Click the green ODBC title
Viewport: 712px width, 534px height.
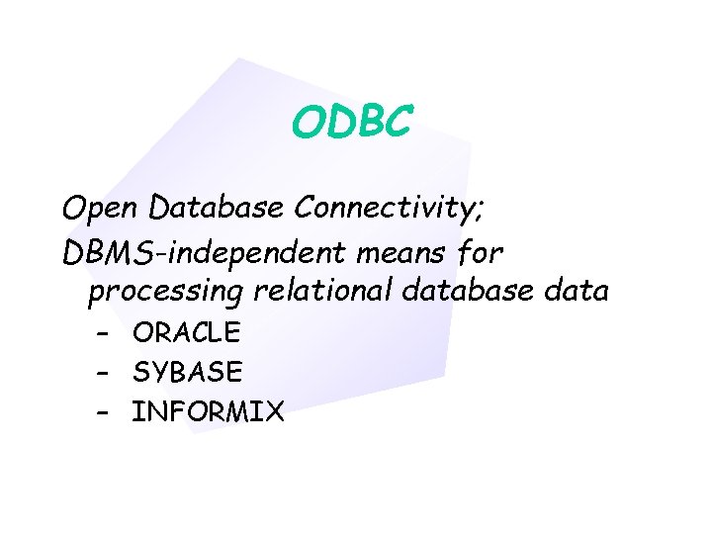[x=351, y=123]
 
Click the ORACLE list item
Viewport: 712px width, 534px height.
[x=186, y=332]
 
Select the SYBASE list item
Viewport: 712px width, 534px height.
[x=187, y=372]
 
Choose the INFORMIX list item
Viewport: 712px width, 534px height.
[x=208, y=411]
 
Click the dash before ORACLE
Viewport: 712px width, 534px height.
[x=104, y=332]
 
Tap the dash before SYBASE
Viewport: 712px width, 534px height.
[x=104, y=372]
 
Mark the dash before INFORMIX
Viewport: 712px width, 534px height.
[x=104, y=411]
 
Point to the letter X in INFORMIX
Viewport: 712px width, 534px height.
[x=274, y=411]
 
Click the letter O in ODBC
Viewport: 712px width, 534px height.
[x=308, y=123]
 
